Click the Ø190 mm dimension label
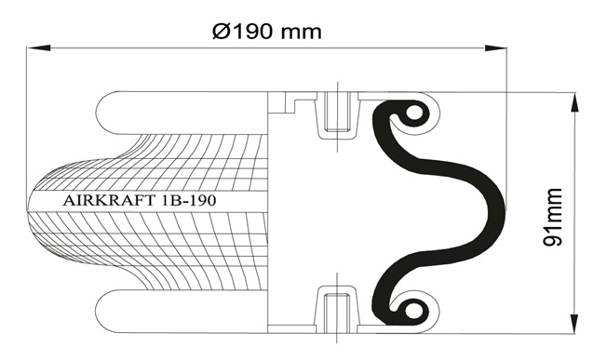click(x=266, y=32)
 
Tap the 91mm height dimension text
click(x=552, y=217)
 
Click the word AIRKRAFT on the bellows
click(x=108, y=201)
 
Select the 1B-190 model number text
click(x=187, y=201)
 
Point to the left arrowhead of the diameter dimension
click(x=39, y=47)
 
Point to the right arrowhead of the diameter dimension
click(x=496, y=47)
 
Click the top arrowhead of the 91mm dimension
click(x=574, y=104)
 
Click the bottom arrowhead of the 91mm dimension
click(x=574, y=321)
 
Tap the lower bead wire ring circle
click(x=414, y=311)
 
